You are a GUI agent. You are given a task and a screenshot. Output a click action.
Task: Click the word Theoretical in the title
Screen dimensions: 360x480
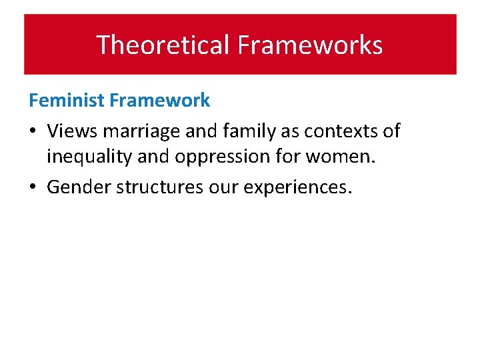[x=164, y=45]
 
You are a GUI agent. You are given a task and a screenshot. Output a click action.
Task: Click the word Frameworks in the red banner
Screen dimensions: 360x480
[x=310, y=45]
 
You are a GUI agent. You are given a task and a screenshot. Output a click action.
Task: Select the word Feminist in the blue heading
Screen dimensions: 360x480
[x=67, y=101]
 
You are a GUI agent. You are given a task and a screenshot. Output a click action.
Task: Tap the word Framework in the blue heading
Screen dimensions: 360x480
[x=160, y=101]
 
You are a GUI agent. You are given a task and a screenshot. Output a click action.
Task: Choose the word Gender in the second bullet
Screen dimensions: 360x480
[x=79, y=187]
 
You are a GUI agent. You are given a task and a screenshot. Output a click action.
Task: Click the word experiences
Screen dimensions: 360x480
[x=297, y=187]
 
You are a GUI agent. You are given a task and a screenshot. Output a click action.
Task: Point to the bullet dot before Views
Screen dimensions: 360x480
[x=33, y=131]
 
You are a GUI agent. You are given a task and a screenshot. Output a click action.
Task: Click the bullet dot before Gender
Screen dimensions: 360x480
[x=33, y=188]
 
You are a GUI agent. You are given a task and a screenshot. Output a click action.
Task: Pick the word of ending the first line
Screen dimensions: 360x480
[x=391, y=131]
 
